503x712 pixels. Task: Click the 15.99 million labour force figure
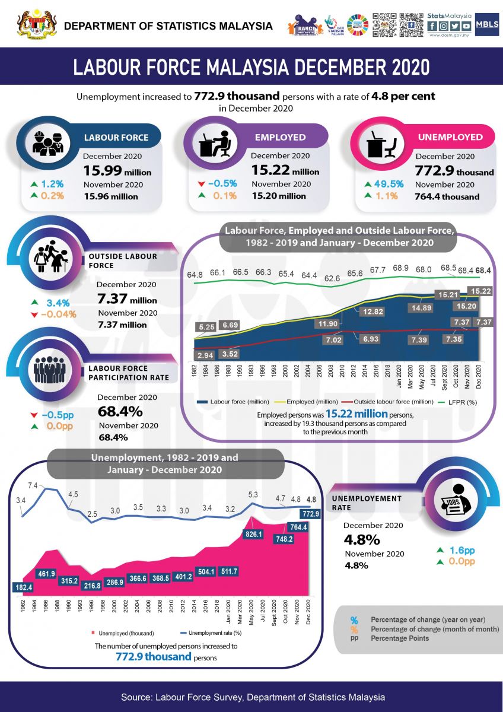(x=116, y=171)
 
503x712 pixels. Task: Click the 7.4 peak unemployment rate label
(x=33, y=486)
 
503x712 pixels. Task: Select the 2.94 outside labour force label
(x=205, y=355)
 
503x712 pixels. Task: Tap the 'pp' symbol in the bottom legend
(x=354, y=638)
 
